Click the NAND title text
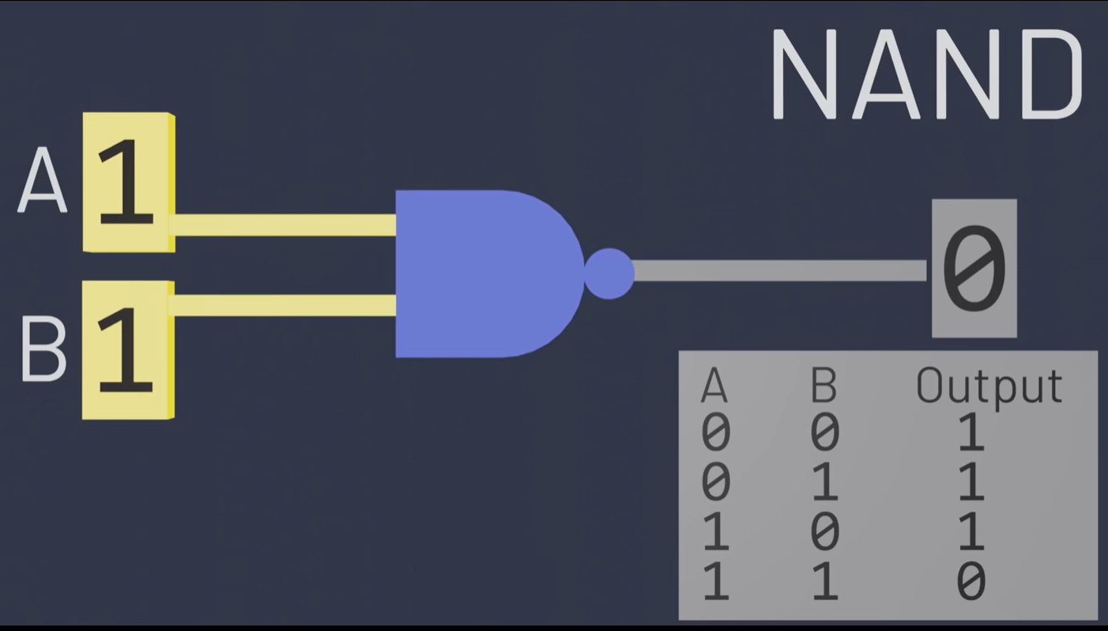click(926, 75)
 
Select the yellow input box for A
click(128, 182)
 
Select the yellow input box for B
click(128, 350)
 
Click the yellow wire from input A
click(285, 225)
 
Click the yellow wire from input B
click(285, 305)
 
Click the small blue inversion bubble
click(609, 274)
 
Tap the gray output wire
click(778, 270)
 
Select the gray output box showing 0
click(974, 269)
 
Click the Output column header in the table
click(989, 387)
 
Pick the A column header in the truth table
click(714, 387)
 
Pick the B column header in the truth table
click(823, 387)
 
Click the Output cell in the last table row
click(971, 582)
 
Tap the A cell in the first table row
click(715, 433)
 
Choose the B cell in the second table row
click(824, 482)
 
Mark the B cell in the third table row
click(824, 532)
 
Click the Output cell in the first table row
click(971, 433)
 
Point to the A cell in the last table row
click(715, 582)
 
